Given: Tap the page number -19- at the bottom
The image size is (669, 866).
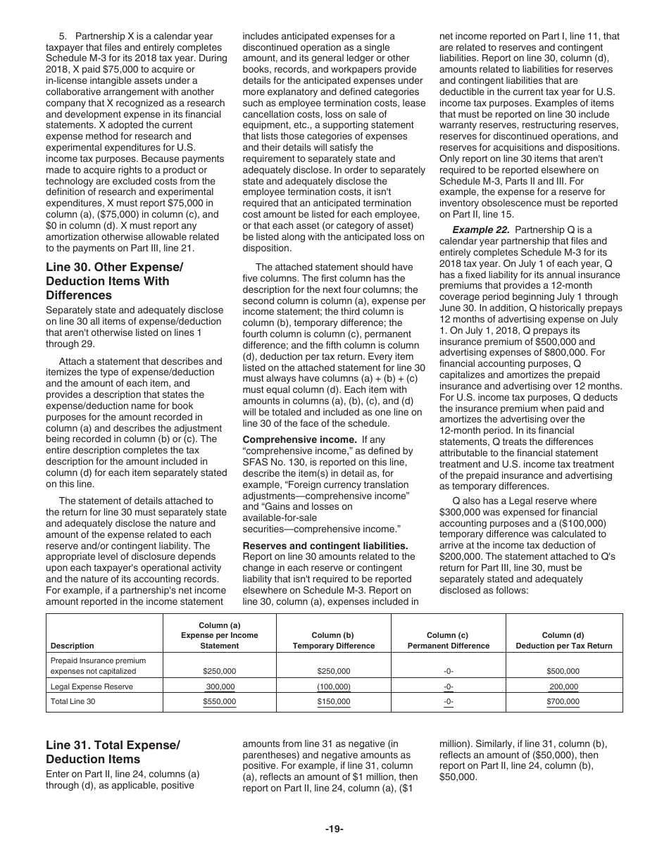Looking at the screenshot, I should click(x=334, y=829).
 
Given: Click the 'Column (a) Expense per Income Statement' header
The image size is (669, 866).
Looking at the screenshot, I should click(x=219, y=635).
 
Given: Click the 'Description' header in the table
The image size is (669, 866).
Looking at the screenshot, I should click(x=72, y=646).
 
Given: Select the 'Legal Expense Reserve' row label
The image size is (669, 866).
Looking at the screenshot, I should click(x=92, y=686).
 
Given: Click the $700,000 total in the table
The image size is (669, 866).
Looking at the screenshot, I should click(x=563, y=702).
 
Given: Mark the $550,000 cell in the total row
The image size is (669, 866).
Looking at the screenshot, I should click(x=219, y=702).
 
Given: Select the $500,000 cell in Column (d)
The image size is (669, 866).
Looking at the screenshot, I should click(x=563, y=671).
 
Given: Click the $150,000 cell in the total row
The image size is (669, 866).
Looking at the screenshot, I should click(x=333, y=702).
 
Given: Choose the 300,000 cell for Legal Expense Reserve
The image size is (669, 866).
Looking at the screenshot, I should click(x=220, y=686).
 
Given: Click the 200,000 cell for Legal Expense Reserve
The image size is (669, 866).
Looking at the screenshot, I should click(x=563, y=686).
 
